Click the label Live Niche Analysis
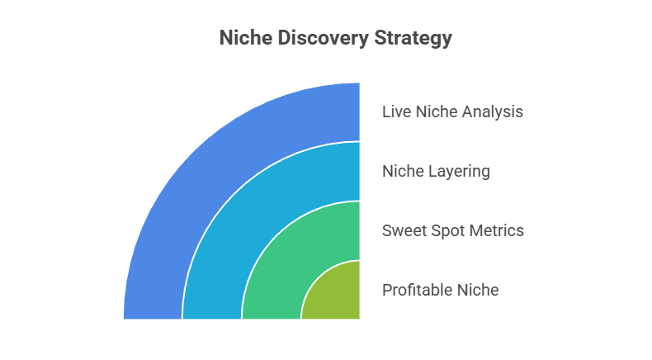452,111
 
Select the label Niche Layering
436,171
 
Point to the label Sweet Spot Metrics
452,230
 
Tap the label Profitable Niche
440,290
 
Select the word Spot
444,230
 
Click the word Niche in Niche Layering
401,171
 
